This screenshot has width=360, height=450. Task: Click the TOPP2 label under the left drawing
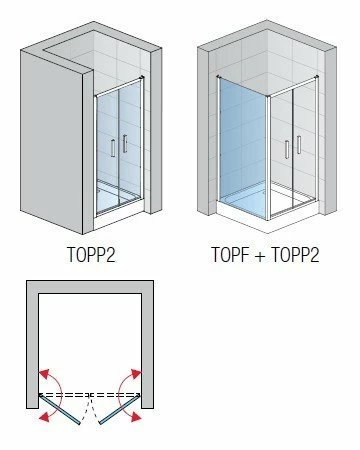click(x=92, y=255)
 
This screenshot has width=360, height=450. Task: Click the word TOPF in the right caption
click(x=230, y=255)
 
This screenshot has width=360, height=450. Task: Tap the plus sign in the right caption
click(x=260, y=255)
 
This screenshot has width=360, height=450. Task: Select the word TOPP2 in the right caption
click(x=295, y=255)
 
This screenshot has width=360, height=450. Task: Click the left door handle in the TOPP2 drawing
click(x=113, y=148)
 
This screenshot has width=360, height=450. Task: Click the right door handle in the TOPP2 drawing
click(x=125, y=143)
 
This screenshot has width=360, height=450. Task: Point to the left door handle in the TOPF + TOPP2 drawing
click(x=287, y=150)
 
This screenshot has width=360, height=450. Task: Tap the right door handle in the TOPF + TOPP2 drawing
click(x=299, y=144)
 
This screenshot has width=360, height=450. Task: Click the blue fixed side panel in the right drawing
click(x=243, y=147)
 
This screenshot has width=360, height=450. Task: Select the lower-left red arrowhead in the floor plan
click(x=44, y=416)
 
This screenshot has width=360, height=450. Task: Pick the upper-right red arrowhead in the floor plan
click(x=136, y=374)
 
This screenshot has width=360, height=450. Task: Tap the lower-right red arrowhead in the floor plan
click(x=136, y=417)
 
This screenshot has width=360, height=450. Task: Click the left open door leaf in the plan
click(x=59, y=409)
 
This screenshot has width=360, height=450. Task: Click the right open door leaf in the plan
click(x=119, y=410)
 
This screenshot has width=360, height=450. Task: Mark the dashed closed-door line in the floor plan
click(x=90, y=395)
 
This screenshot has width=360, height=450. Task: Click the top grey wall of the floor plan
click(x=90, y=287)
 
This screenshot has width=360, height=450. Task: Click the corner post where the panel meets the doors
click(x=269, y=157)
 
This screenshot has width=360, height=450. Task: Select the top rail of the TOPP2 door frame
click(x=119, y=87)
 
